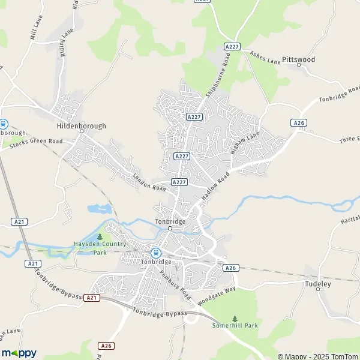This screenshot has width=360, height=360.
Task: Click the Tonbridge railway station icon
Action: (156, 253)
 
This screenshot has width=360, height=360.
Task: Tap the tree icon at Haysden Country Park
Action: (100, 236)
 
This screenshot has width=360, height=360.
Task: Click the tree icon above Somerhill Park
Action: (235, 318)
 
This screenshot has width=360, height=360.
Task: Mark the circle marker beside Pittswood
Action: (299, 66)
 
